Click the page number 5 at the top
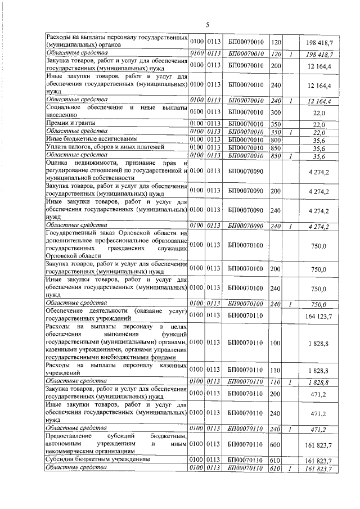click(207, 25)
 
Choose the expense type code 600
click(276, 444)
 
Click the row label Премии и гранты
click(70, 123)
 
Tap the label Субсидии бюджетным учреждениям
click(98, 460)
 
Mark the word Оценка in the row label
click(57, 163)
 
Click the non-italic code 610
click(276, 460)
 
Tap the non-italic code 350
click(276, 123)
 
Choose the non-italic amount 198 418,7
click(319, 42)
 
